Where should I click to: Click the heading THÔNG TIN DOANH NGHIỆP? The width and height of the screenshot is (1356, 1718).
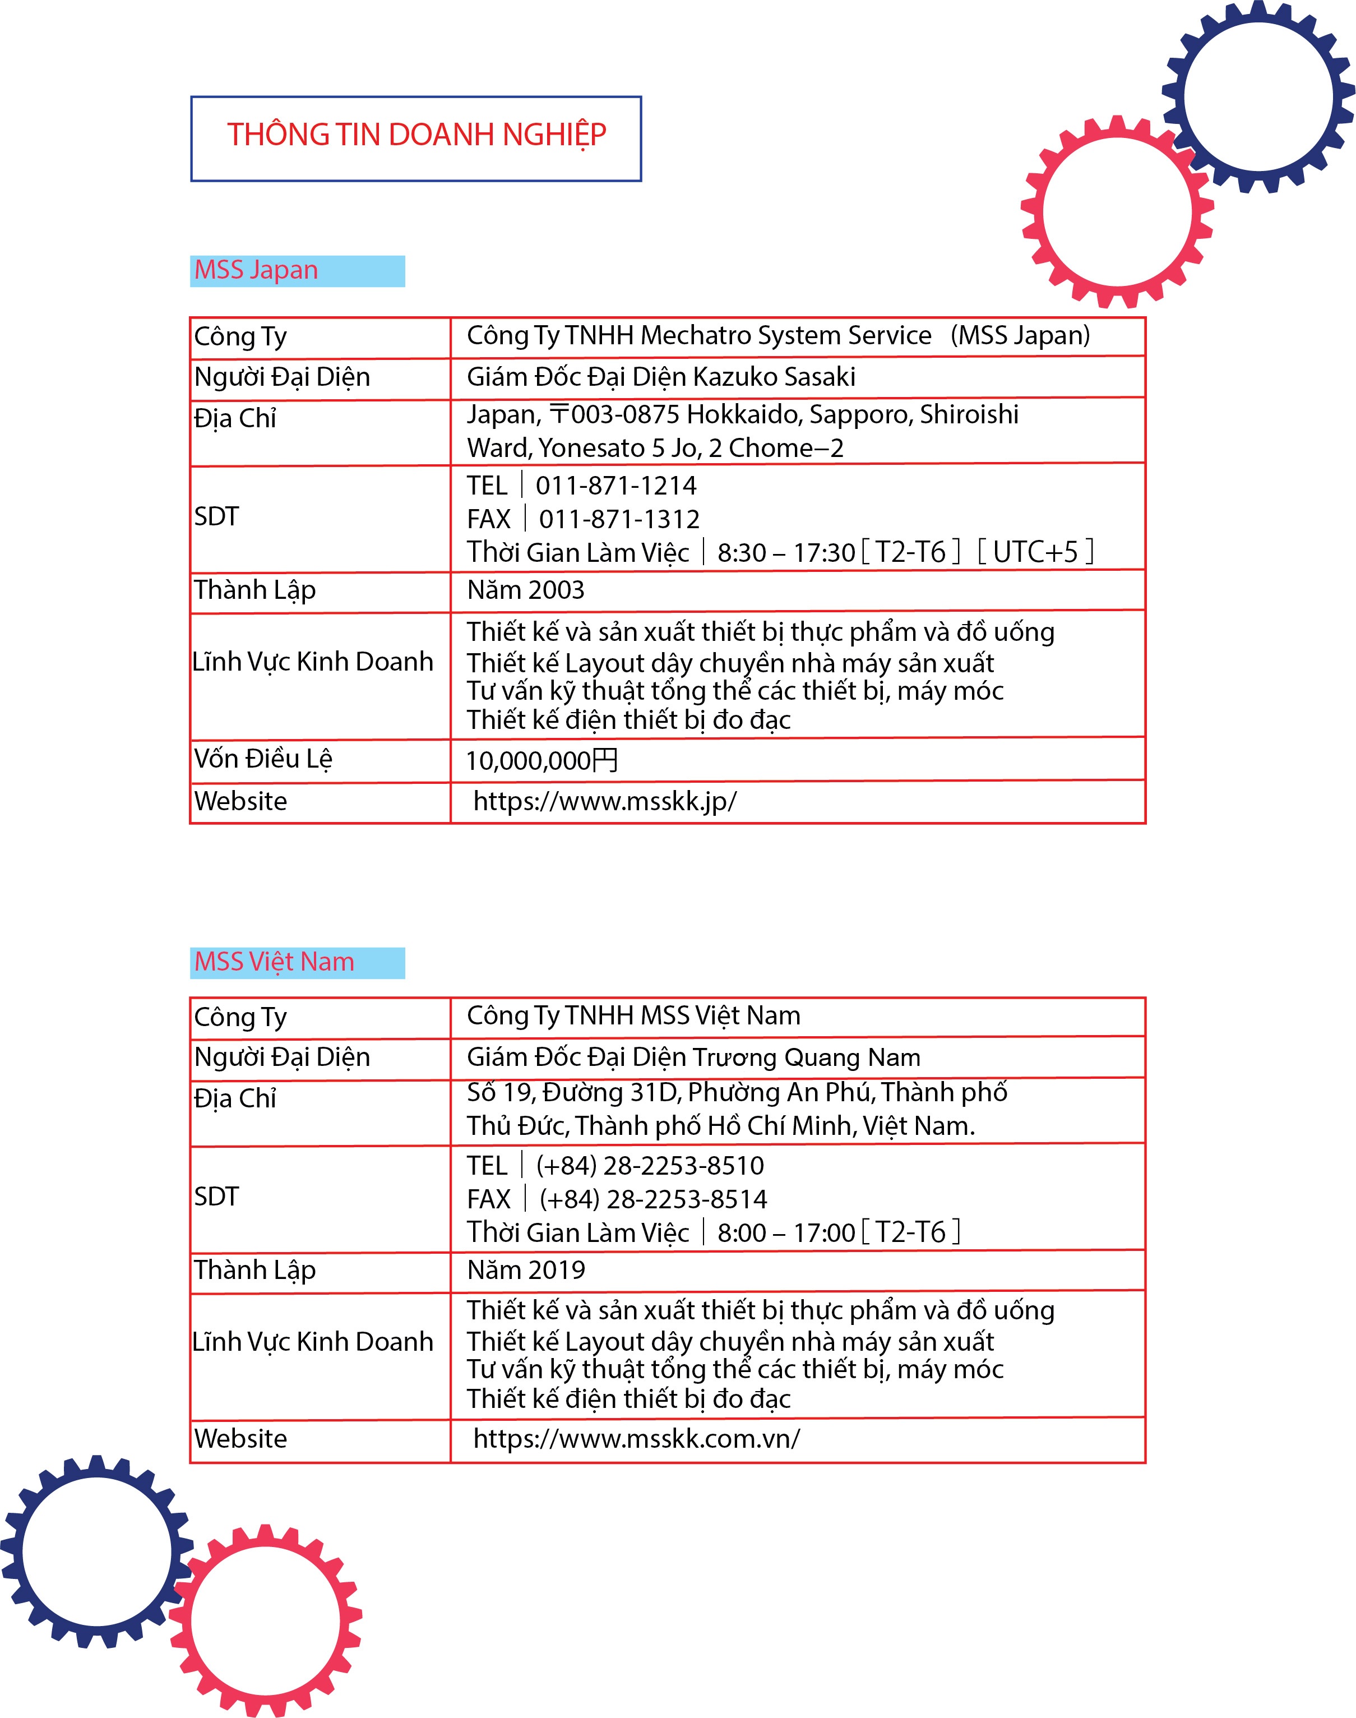[417, 136]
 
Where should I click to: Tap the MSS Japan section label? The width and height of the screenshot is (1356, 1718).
[256, 271]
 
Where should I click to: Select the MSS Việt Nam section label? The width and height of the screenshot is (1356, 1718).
[274, 962]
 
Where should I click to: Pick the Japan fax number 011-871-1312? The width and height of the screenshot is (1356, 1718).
[619, 519]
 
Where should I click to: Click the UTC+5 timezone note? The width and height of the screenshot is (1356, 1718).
[1035, 552]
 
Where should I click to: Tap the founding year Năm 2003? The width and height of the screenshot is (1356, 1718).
[526, 590]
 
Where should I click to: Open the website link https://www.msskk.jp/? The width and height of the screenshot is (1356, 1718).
[605, 801]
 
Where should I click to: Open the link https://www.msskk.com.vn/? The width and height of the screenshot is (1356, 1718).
[637, 1439]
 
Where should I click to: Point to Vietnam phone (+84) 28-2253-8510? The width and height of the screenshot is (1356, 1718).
[650, 1166]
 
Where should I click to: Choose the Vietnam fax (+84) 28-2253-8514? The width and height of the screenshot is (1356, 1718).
[652, 1199]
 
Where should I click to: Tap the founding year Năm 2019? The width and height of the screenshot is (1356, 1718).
[526, 1270]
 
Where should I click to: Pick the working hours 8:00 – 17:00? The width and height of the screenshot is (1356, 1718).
[786, 1233]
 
